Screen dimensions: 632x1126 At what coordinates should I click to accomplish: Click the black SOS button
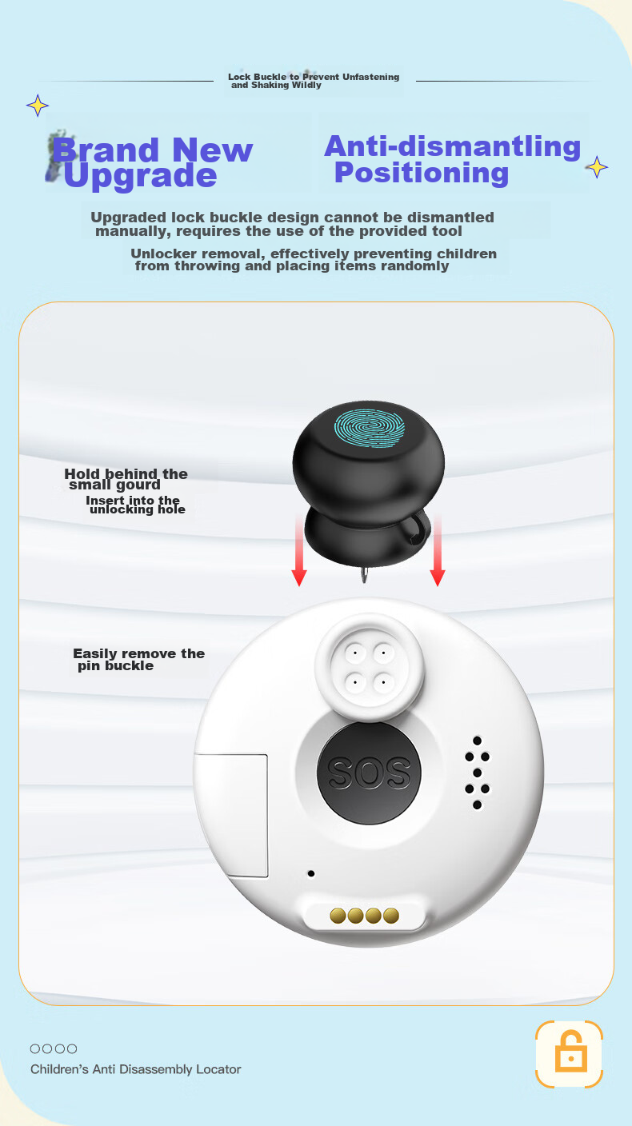click(x=369, y=773)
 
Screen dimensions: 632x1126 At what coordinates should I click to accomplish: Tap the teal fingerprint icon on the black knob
click(x=370, y=428)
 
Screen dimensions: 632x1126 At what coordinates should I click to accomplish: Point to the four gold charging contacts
click(x=365, y=916)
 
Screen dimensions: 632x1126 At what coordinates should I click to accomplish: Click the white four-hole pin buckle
click(x=370, y=667)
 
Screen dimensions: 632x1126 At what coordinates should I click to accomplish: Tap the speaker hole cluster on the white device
click(x=477, y=773)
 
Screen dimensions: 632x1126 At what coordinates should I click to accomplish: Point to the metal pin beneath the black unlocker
click(x=364, y=574)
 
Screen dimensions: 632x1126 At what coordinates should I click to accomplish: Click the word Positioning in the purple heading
click(x=422, y=173)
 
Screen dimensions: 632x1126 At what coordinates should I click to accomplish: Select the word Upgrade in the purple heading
click(x=140, y=177)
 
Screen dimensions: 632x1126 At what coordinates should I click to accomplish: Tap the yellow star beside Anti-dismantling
click(x=597, y=167)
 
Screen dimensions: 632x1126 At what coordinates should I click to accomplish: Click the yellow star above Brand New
click(x=38, y=106)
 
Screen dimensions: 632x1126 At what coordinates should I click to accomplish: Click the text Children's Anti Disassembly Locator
click(x=136, y=1069)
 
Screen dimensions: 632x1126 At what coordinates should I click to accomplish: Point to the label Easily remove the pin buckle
click(x=138, y=660)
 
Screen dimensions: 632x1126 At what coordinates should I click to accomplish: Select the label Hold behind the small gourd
click(x=126, y=479)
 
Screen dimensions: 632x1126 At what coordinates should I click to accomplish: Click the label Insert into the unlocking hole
click(x=134, y=505)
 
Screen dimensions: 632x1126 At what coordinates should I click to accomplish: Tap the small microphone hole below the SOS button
click(x=311, y=873)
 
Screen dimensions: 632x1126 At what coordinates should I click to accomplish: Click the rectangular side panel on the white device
click(x=231, y=815)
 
